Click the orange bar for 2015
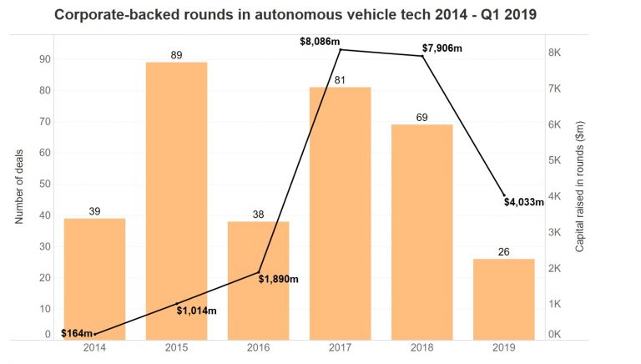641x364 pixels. point(176,200)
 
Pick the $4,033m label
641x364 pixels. point(525,201)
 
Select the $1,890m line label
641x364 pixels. point(278,279)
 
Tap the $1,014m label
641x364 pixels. point(197,311)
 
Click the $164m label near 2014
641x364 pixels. point(77,334)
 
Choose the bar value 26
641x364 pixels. point(503,251)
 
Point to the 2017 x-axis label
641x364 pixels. point(340,350)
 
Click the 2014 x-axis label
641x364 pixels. point(94,350)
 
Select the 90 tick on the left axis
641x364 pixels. point(44,59)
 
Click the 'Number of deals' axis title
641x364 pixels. point(19,184)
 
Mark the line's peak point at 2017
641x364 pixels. point(341,50)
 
